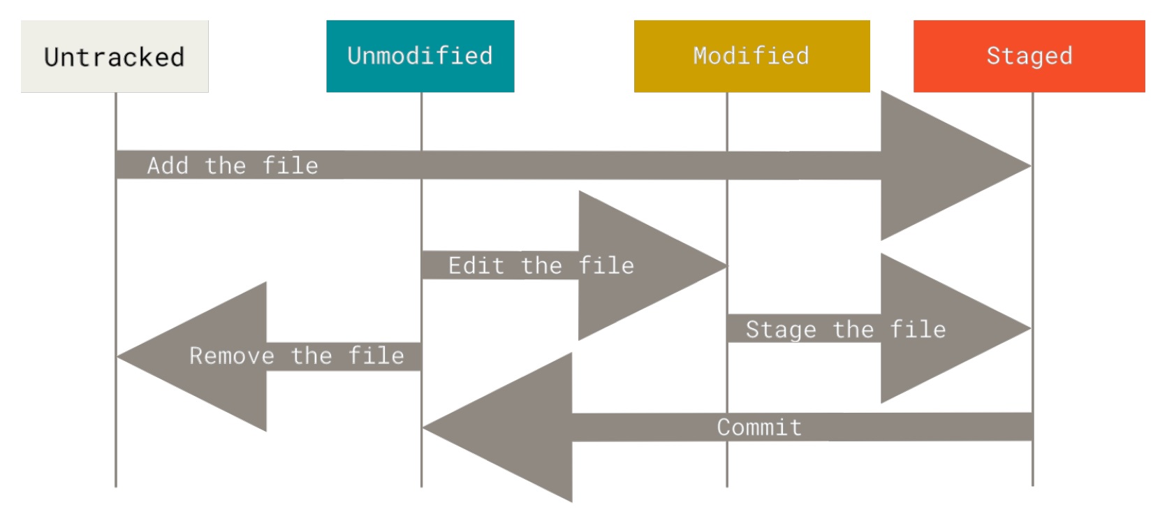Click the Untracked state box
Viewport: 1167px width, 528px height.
click(115, 57)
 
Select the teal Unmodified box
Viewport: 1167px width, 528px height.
click(420, 56)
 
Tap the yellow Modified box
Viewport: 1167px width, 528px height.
click(751, 56)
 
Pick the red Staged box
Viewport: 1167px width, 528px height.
click(1029, 56)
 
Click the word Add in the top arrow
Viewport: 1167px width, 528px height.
click(168, 166)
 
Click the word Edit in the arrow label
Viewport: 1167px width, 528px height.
click(476, 265)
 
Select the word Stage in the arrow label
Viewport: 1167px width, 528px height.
click(780, 329)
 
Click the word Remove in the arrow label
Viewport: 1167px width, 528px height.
click(231, 356)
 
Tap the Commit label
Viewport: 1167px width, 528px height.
click(759, 427)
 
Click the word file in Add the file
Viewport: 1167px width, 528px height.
click(290, 166)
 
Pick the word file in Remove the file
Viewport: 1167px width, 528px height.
click(376, 356)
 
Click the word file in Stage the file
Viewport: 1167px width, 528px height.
click(918, 329)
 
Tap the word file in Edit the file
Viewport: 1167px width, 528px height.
click(606, 265)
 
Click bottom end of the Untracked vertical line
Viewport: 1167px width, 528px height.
click(116, 485)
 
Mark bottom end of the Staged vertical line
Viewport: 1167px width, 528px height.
click(1032, 484)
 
